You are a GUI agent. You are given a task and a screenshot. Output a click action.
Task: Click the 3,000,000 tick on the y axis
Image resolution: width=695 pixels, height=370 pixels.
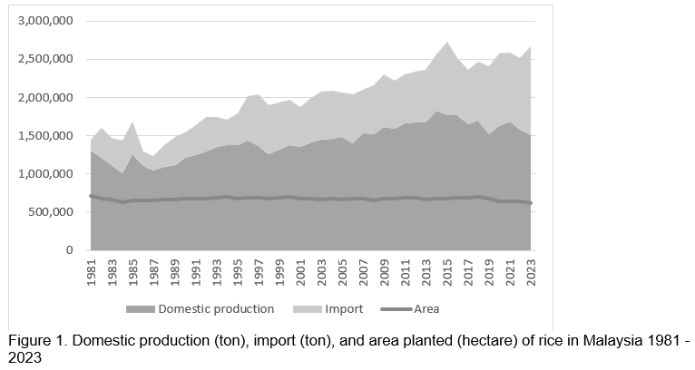(x=42, y=21)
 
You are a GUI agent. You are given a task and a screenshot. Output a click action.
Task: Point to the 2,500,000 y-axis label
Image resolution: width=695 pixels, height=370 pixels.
(x=42, y=59)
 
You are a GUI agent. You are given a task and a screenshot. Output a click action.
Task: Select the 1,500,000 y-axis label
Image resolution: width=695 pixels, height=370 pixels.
(x=42, y=135)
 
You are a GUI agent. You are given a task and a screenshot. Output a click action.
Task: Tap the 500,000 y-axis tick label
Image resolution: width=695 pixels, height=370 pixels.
(x=47, y=212)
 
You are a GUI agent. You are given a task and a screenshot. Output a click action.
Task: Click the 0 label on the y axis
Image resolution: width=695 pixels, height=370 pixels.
(x=68, y=250)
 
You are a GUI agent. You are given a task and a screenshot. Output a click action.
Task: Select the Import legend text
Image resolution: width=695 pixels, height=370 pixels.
(x=343, y=309)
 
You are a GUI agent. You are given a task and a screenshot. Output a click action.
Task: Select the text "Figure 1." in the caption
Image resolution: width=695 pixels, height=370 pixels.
(x=35, y=341)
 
